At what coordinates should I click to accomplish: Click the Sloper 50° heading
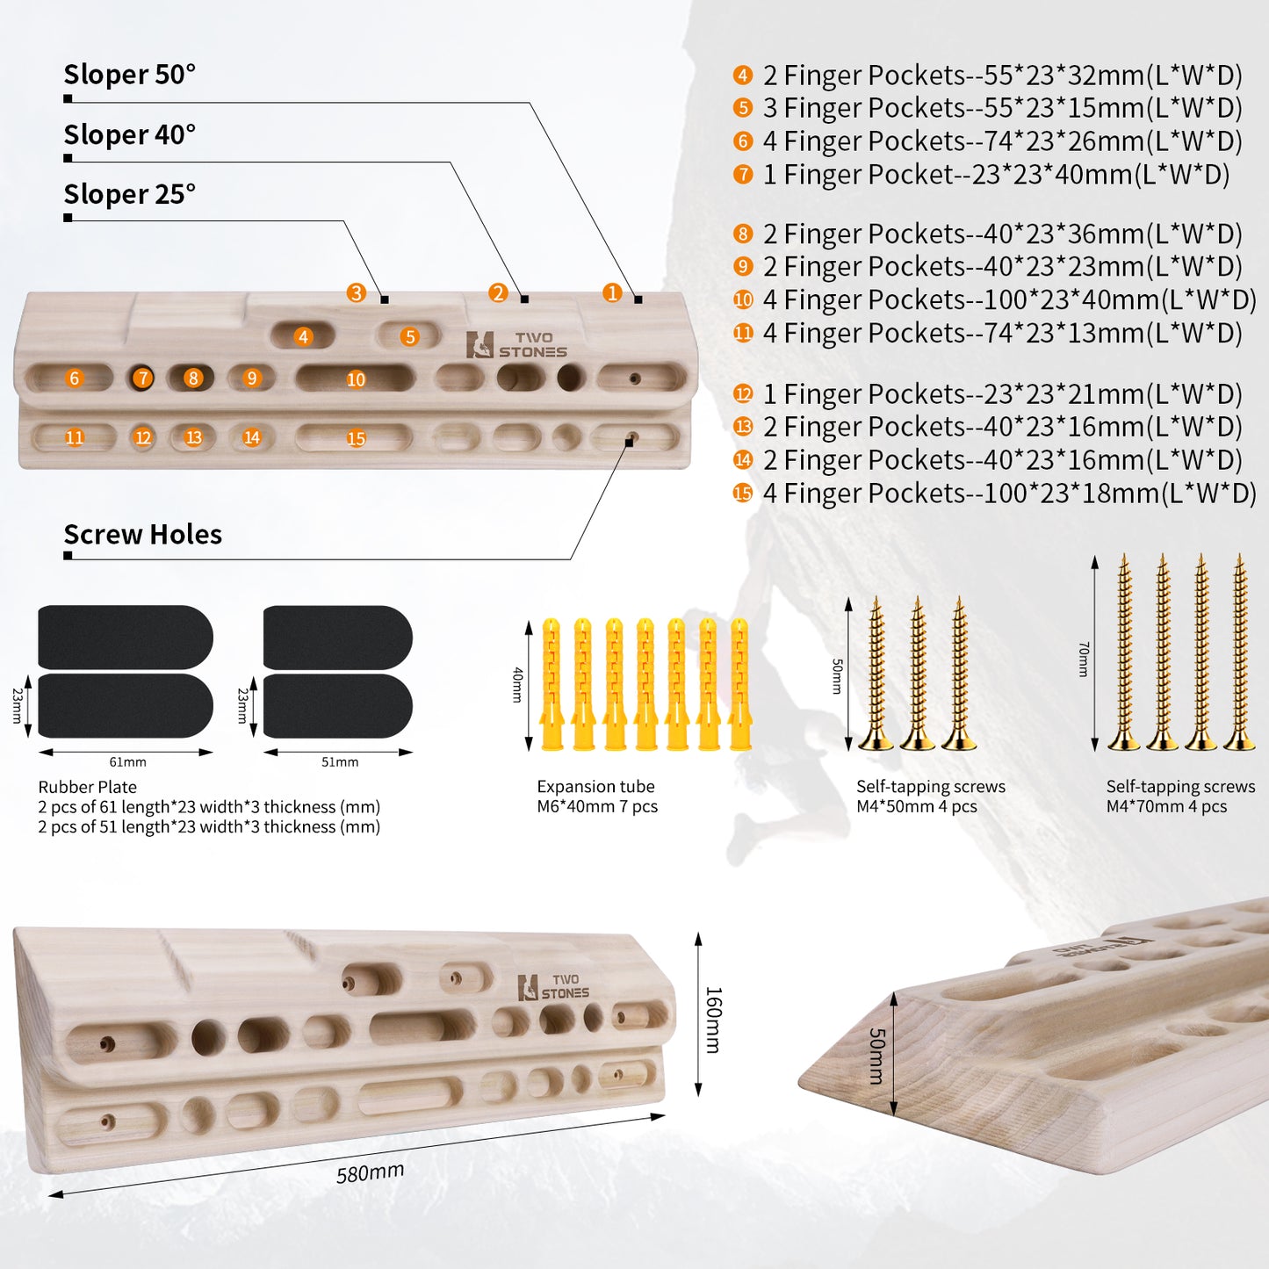tap(130, 75)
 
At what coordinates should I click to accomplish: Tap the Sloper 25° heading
tap(130, 194)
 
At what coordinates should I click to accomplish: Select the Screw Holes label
tap(143, 534)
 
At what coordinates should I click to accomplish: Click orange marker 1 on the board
tap(612, 292)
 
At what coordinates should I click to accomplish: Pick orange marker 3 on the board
tap(357, 292)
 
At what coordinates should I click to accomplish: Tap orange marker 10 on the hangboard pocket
tap(356, 379)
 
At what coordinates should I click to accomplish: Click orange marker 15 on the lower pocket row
tap(356, 438)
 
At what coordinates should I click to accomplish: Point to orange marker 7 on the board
tap(143, 378)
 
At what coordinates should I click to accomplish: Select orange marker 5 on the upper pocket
tap(409, 337)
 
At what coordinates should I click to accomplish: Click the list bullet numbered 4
tap(743, 75)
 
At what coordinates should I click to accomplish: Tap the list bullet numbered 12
tap(743, 393)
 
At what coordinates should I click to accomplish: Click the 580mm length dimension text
tap(370, 1173)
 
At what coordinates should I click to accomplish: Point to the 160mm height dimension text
tap(713, 1020)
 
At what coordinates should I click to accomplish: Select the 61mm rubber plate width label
tap(127, 762)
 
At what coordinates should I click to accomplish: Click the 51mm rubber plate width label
tap(340, 762)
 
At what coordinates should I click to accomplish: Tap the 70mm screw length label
tap(1083, 660)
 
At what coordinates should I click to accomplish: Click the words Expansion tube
tap(596, 786)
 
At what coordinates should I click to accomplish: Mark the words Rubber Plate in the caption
tap(88, 787)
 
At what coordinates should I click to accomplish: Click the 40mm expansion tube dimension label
tap(517, 685)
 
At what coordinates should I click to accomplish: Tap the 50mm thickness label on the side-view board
tap(876, 1056)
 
